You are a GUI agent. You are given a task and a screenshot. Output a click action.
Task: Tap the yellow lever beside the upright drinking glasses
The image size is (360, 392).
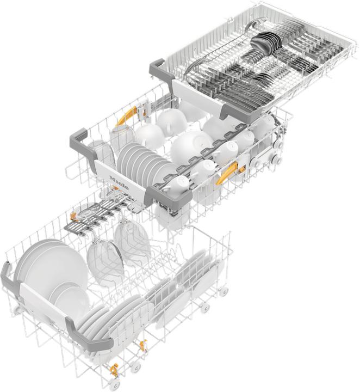click(128, 114)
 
